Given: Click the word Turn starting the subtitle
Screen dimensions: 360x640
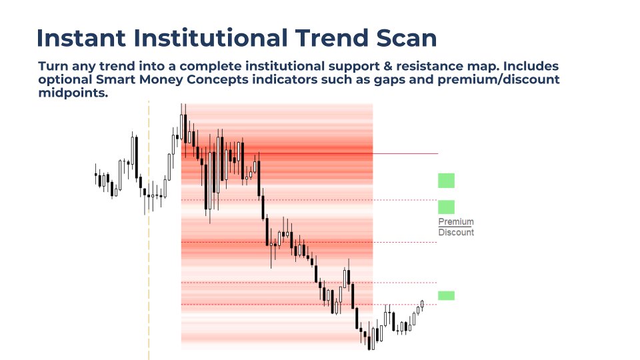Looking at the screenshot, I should pos(54,67).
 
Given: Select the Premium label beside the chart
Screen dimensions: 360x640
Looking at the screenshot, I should pos(456,221).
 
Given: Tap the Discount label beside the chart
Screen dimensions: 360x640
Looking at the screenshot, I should pos(456,233).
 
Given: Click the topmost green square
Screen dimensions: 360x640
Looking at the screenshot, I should pos(446,180).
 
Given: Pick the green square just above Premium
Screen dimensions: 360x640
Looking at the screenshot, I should pos(446,207).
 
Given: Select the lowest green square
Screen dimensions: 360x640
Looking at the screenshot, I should pos(446,295).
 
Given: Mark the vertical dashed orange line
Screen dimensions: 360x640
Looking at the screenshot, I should pos(149,267).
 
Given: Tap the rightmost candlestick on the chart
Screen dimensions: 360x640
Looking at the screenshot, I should pos(422,304).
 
